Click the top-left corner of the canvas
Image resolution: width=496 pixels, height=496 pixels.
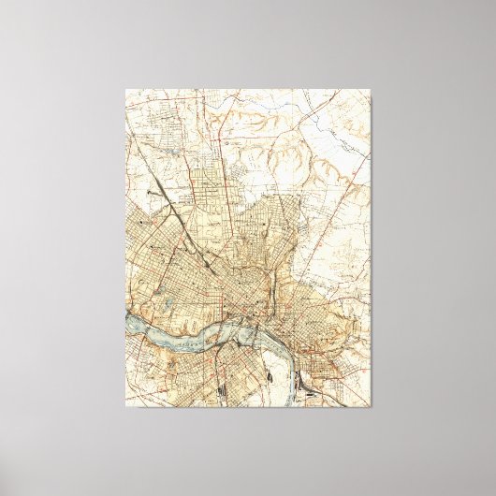click(x=126, y=90)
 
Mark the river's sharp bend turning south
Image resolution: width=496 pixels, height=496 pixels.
click(x=255, y=324)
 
